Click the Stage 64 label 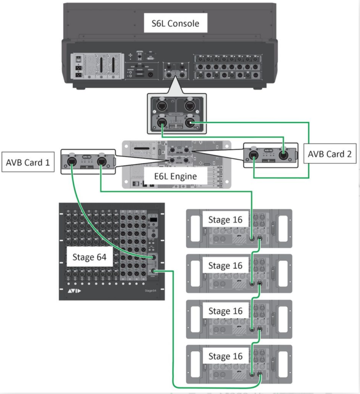[x=90, y=257]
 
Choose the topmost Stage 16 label [x=225, y=220]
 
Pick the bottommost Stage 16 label [x=225, y=356]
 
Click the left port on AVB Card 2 [x=254, y=154]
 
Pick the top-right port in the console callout [x=190, y=105]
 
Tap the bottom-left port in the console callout [x=162, y=122]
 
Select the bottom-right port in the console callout [x=190, y=122]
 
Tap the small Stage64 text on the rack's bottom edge [x=151, y=292]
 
